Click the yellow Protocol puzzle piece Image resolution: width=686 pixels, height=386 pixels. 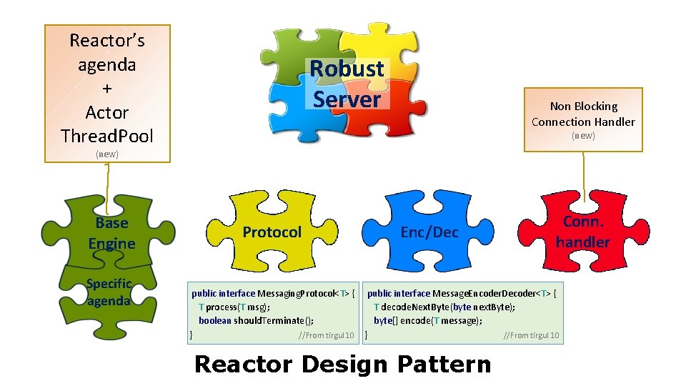point(272,232)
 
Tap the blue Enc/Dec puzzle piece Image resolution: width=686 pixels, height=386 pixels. point(429,232)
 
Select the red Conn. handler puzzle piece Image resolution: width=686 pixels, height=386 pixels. point(583,232)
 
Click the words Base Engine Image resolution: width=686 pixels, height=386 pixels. point(111,233)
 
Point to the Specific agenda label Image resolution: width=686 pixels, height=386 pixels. point(109,292)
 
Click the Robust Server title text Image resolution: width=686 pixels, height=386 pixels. point(347,84)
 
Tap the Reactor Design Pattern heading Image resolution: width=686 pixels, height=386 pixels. point(342,364)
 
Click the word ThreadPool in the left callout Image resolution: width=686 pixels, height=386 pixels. point(107,136)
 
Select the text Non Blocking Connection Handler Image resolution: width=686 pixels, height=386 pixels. point(583,114)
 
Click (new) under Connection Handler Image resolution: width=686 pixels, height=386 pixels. point(583,136)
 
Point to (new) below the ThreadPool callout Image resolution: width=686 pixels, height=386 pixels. point(107,154)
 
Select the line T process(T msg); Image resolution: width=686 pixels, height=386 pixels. point(234,307)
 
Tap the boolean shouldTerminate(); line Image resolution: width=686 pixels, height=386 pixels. point(256,320)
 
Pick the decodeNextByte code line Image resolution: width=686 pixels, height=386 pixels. point(444,307)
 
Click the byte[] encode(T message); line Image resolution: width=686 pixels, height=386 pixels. point(428,320)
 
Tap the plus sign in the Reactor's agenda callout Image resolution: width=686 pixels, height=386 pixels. point(107,89)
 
